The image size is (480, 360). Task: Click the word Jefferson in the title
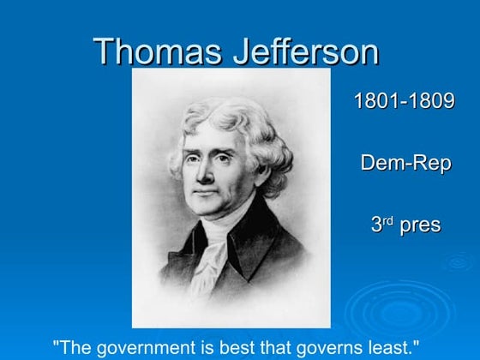point(305,51)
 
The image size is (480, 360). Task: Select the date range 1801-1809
point(405,101)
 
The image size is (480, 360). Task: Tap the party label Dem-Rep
point(405,163)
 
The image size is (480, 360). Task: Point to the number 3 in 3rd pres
point(375,225)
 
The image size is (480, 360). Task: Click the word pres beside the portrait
point(419,225)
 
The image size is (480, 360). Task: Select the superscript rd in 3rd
point(387,220)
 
